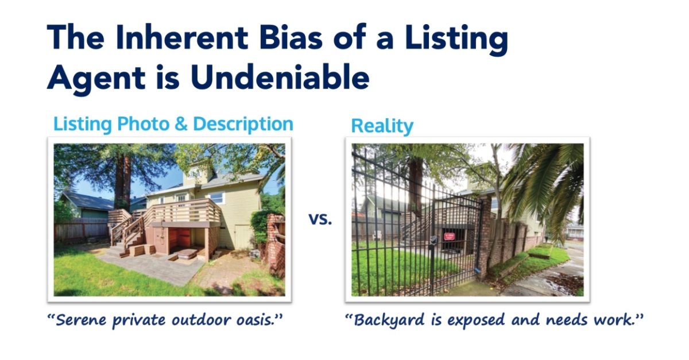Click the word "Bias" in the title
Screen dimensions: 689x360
click(x=291, y=38)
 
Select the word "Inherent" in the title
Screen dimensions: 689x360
click(x=181, y=38)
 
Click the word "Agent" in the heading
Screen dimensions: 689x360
click(x=96, y=79)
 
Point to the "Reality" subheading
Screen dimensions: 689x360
click(x=382, y=126)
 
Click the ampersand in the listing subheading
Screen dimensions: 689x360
click(x=181, y=124)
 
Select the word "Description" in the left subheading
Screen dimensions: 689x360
click(x=243, y=125)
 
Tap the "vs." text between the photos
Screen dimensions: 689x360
click(x=320, y=219)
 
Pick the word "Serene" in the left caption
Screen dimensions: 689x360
click(x=80, y=320)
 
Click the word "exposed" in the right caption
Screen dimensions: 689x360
click(x=476, y=320)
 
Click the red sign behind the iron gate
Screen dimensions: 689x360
click(x=450, y=237)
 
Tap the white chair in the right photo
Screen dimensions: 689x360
click(x=377, y=235)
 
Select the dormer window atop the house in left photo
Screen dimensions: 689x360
click(x=195, y=172)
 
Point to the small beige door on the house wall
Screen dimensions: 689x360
click(x=243, y=237)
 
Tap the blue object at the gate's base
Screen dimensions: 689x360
click(x=477, y=270)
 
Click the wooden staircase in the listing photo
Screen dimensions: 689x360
click(x=129, y=234)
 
